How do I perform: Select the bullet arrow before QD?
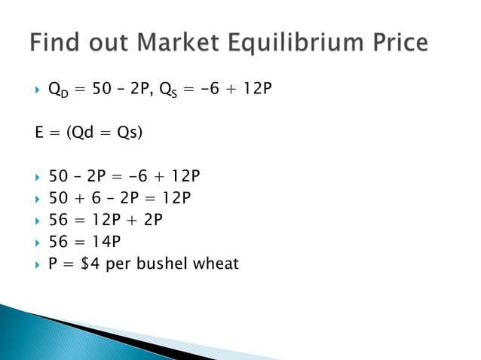38,91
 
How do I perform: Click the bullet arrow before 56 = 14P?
38,242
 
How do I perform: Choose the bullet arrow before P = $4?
38,264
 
